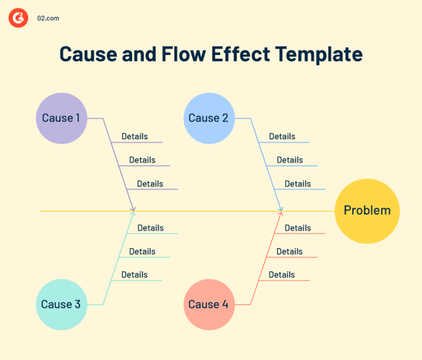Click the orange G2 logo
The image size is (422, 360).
point(18,18)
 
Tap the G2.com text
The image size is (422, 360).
point(48,18)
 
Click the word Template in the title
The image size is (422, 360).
point(319,54)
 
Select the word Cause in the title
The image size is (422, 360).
point(87,54)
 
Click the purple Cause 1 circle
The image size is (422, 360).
point(61,118)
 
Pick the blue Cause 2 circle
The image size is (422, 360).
point(209,118)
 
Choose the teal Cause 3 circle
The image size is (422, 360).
point(61,304)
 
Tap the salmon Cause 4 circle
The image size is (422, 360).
point(209,304)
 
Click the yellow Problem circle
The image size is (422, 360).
point(366,210)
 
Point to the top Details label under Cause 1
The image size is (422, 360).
point(134,136)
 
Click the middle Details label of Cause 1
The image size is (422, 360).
point(142,160)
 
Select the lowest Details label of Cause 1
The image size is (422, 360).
point(150,184)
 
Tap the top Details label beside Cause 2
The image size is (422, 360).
point(282,136)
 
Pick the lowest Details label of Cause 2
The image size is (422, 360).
point(298,184)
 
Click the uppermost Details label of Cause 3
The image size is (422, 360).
point(151,228)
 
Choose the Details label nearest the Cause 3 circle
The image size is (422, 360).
point(134,275)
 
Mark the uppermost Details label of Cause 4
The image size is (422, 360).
point(298,228)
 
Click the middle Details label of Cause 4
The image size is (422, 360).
point(290,252)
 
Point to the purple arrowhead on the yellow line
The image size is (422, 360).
point(133,209)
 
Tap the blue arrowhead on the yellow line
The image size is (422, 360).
point(281,209)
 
